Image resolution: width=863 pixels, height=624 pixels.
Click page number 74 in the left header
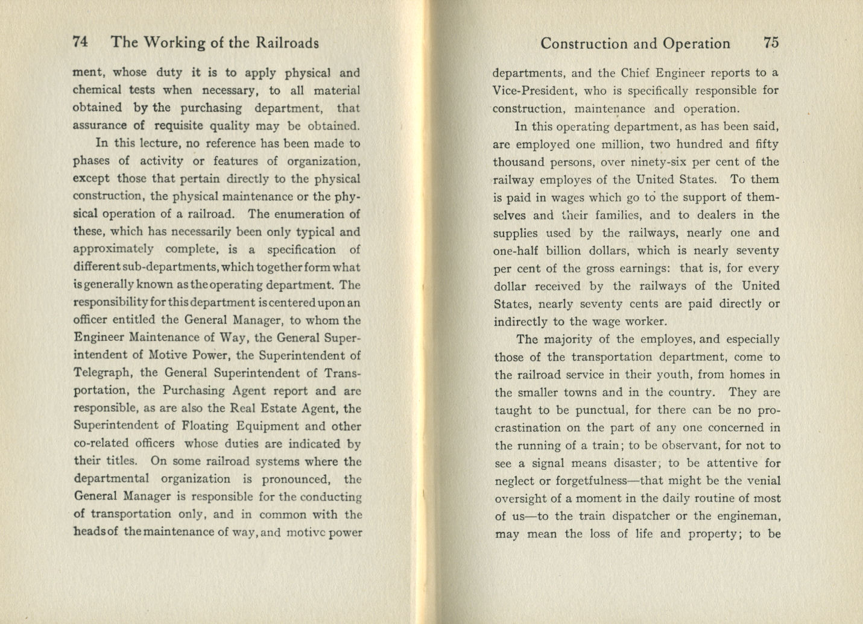pyautogui.click(x=81, y=42)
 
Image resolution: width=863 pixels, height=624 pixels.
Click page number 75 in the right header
pyautogui.click(x=771, y=43)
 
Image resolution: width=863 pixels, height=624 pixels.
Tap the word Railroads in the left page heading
pyautogui.click(x=287, y=43)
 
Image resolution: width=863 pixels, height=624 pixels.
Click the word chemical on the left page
pyautogui.click(x=96, y=90)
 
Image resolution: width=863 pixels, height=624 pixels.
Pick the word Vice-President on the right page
pyautogui.click(x=530, y=91)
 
